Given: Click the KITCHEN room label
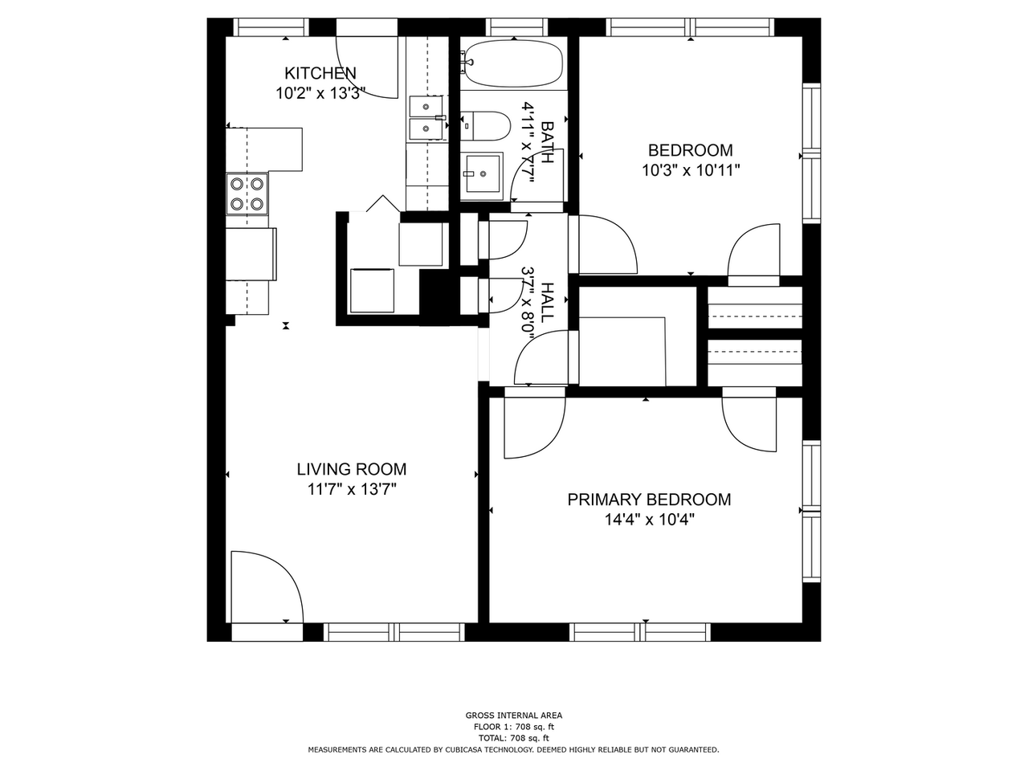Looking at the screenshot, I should coord(320,73).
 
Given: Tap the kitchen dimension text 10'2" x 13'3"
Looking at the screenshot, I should coord(320,93).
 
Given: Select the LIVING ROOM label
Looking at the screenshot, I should coord(352,469).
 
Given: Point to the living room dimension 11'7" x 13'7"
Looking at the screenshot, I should coord(352,489).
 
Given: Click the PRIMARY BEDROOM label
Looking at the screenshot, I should coord(649,500).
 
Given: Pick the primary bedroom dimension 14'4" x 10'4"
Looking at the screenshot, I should coord(649,520).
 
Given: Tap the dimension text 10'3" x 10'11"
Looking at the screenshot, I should coord(690,170).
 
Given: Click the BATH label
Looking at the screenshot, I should coord(547,142).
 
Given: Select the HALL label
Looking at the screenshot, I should coord(547,302).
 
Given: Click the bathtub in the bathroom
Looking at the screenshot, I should coord(514,63).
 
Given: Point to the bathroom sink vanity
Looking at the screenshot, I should coord(482,174).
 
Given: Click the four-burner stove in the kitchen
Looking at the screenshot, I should coord(247,194).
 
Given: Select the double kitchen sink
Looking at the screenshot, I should coord(427,117).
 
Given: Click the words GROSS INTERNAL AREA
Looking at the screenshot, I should coord(514,716).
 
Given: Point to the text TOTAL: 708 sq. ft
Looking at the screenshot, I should coord(514,738).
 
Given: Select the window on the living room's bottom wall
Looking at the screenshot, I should coord(394,632).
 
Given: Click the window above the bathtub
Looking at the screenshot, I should coord(514,27).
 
